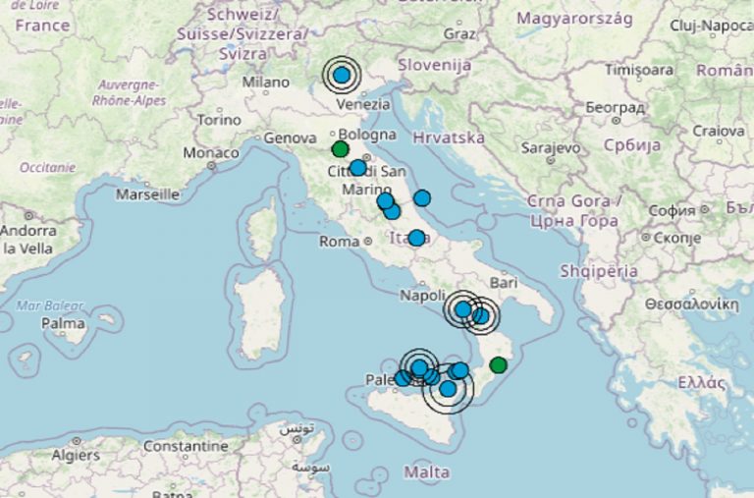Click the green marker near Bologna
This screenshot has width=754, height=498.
(340, 149)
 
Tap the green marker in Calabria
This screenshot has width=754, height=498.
(498, 365)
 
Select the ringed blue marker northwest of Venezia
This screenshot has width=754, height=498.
(342, 74)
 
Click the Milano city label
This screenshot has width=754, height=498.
(265, 83)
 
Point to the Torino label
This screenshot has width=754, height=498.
(218, 120)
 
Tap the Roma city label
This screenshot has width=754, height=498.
(341, 241)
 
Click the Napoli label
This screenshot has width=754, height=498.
(423, 296)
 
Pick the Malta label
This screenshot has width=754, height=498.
(427, 472)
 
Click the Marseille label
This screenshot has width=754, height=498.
(147, 194)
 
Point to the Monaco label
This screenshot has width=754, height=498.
(211, 153)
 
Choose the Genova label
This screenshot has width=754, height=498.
(289, 138)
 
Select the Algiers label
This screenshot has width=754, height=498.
(75, 455)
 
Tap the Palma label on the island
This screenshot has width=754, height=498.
(64, 322)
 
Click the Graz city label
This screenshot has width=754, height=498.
(459, 33)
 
